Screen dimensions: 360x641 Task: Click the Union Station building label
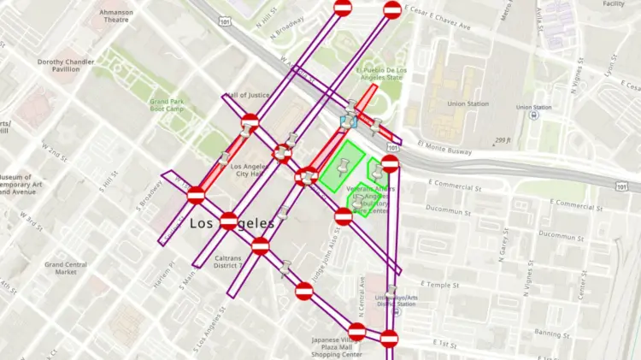pos(468,103)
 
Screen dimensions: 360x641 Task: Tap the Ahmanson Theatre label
pos(116,15)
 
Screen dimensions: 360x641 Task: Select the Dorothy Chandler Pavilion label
pos(70,66)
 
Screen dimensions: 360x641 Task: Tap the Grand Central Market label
pos(66,268)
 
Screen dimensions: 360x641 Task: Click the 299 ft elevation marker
pos(503,140)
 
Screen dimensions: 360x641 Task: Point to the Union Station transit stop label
pos(534,107)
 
